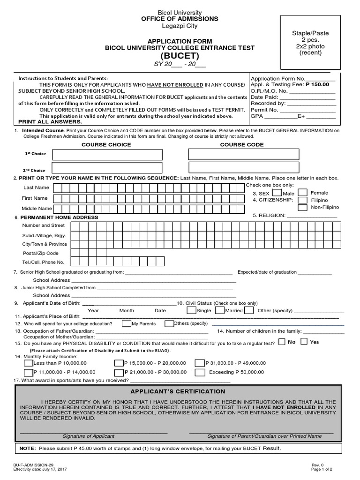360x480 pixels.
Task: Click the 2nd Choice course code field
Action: [x=243, y=168]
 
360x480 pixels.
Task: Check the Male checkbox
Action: [x=277, y=192]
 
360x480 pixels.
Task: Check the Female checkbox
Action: [x=303, y=192]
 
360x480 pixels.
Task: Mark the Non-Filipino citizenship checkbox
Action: [x=303, y=207]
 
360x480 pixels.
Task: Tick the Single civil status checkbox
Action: [x=191, y=310]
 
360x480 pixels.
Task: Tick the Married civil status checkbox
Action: [x=219, y=310]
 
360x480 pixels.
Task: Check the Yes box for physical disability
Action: [x=304, y=342]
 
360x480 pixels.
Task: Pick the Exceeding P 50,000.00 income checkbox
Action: [x=200, y=373]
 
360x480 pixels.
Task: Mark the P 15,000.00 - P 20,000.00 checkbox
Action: [x=119, y=363]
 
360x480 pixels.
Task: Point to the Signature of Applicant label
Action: [x=88, y=436]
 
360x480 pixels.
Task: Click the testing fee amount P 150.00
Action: [x=317, y=84]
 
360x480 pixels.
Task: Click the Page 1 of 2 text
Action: [x=322, y=469]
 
